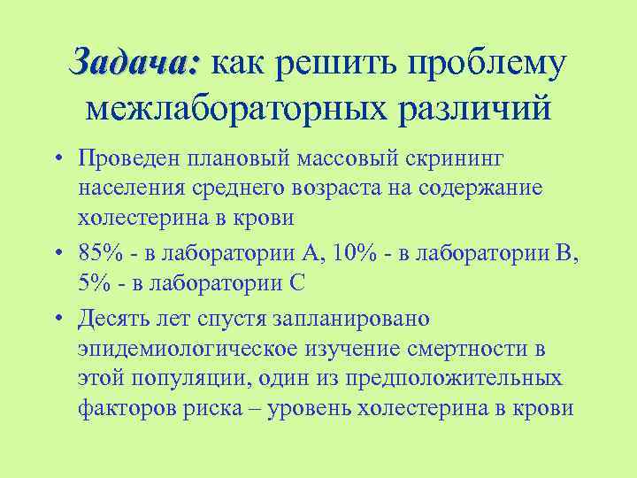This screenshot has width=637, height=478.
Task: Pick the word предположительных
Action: [x=457, y=379]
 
